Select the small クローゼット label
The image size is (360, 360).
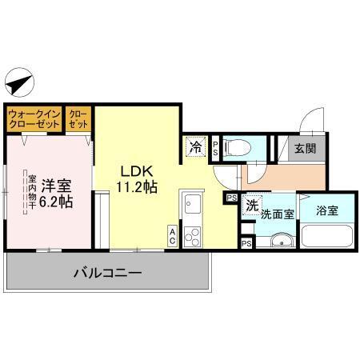point(78,120)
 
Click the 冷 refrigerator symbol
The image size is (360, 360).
point(196,147)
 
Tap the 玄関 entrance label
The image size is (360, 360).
point(303,148)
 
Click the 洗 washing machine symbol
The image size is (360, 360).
point(252,205)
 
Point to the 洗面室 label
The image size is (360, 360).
point(277,215)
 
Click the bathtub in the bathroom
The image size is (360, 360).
point(327,239)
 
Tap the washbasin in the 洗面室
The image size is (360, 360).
point(280,242)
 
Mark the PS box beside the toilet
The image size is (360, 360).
point(215,147)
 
